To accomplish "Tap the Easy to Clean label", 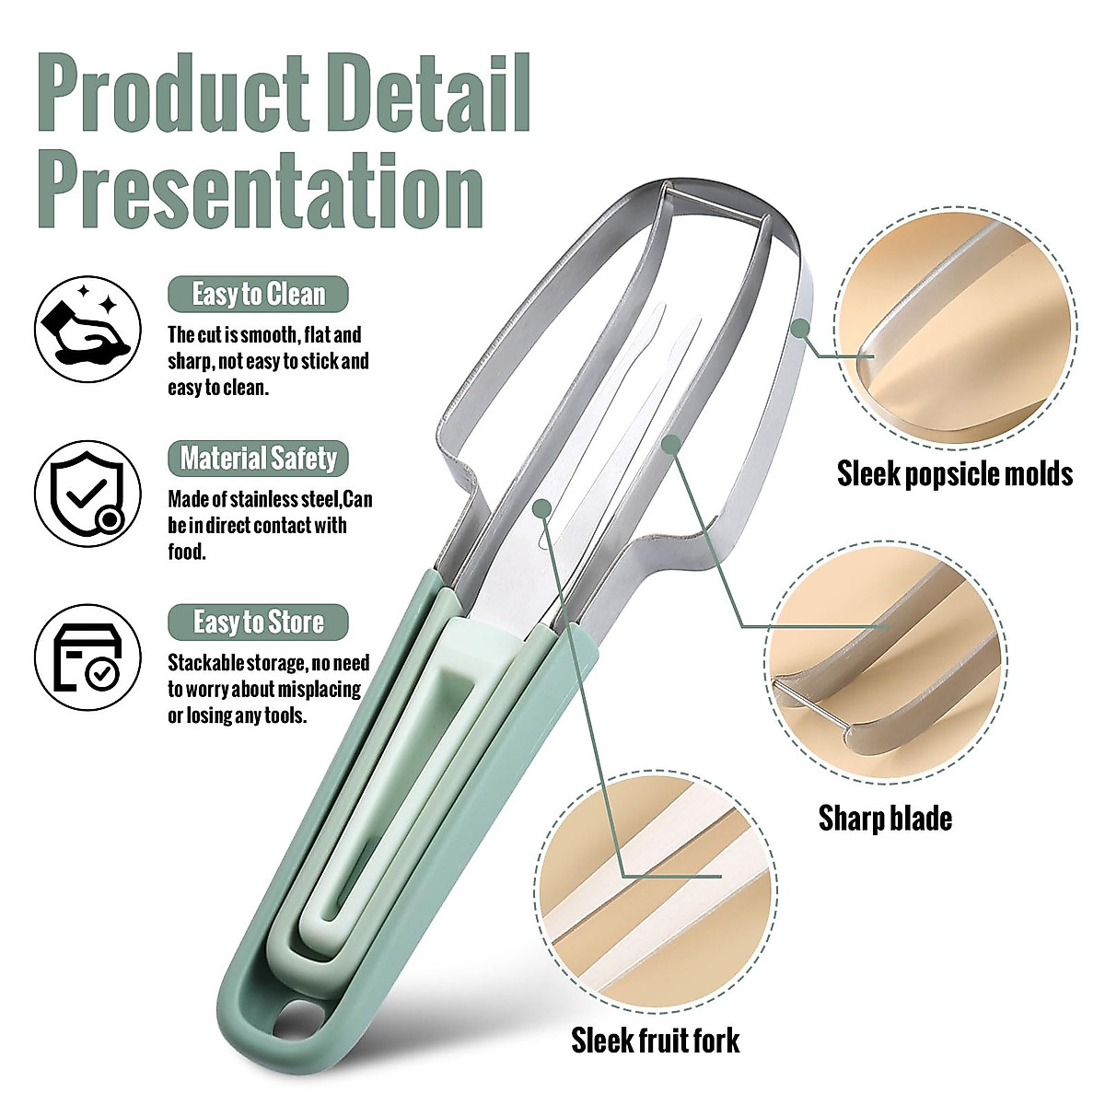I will coord(259,295).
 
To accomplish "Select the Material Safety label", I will coord(259,459).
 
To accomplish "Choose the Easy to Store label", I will coord(259,622).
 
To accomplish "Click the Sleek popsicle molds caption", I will coord(955,474).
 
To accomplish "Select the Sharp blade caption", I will coord(885,818).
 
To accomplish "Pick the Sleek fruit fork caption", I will coord(655,1041).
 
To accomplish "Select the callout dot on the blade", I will coord(672,445).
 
